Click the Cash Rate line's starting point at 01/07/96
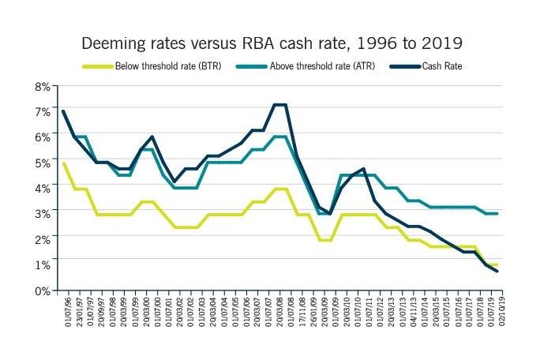click(x=64, y=111)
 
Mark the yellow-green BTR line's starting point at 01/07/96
click(x=64, y=163)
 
